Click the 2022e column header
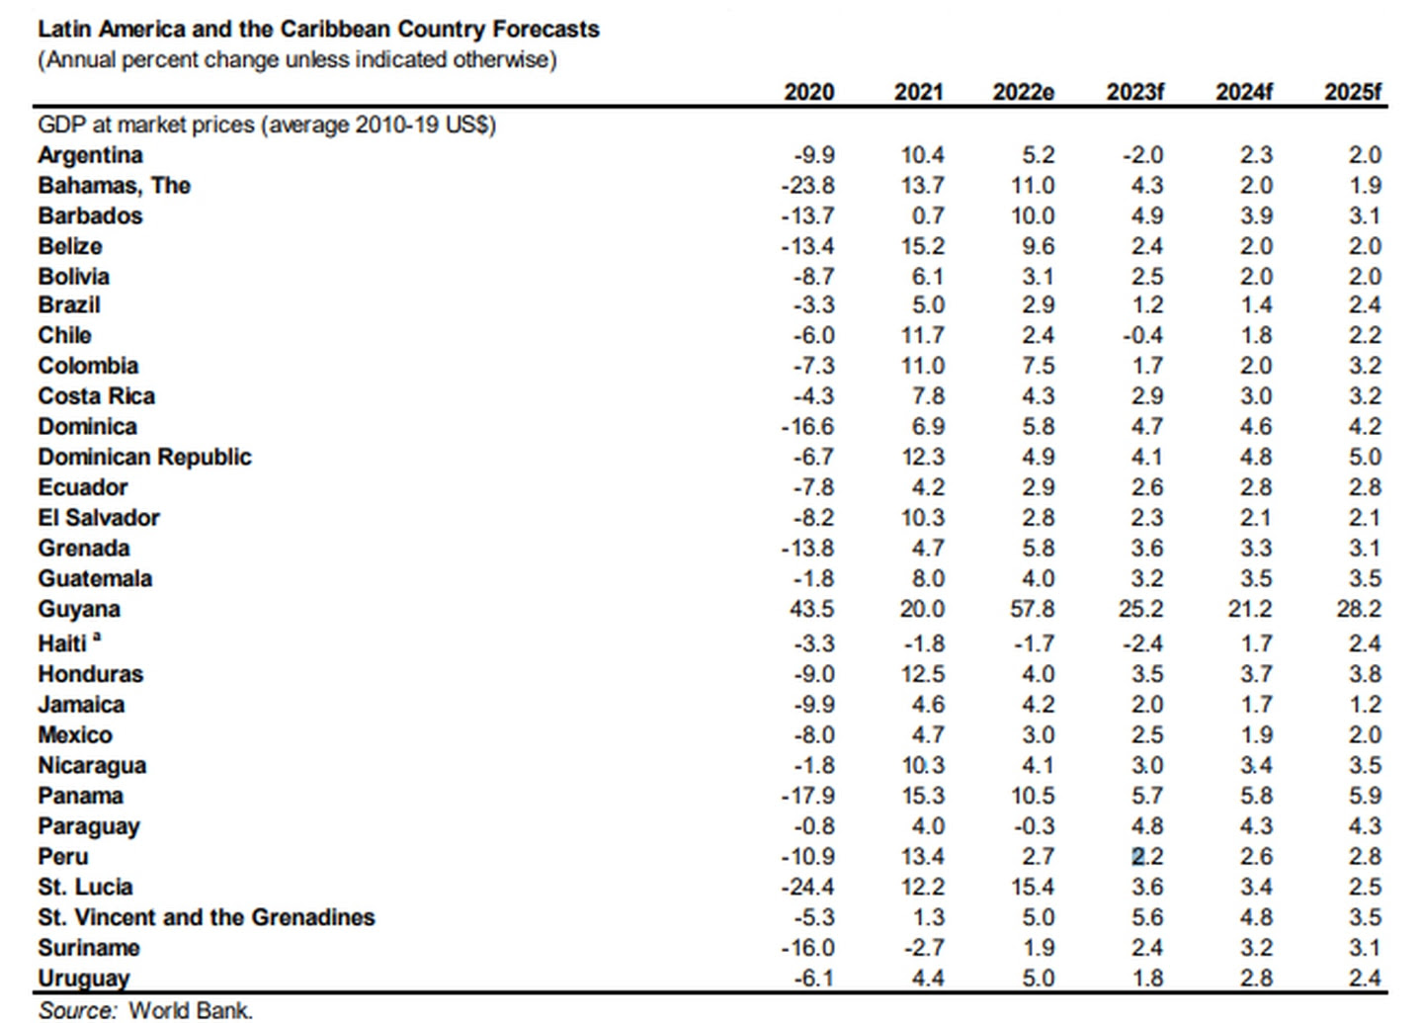click(x=1024, y=92)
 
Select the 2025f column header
click(x=1353, y=92)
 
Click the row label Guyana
click(x=79, y=610)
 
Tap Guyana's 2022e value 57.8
click(x=1032, y=609)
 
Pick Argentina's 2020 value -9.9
click(x=814, y=155)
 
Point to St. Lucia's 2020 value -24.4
click(x=807, y=887)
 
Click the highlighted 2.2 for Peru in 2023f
click(x=1147, y=856)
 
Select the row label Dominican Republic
click(x=145, y=457)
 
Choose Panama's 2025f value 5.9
click(x=1366, y=796)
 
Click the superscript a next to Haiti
click(x=97, y=637)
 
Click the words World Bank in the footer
click(x=191, y=1010)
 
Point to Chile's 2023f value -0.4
click(x=1142, y=335)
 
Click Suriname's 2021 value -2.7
click(x=924, y=947)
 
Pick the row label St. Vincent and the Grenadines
click(x=207, y=917)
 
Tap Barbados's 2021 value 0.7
click(x=928, y=215)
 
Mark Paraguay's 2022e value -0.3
click(x=1034, y=826)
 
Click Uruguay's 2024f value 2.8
click(x=1256, y=978)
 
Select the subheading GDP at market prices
click(x=146, y=126)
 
